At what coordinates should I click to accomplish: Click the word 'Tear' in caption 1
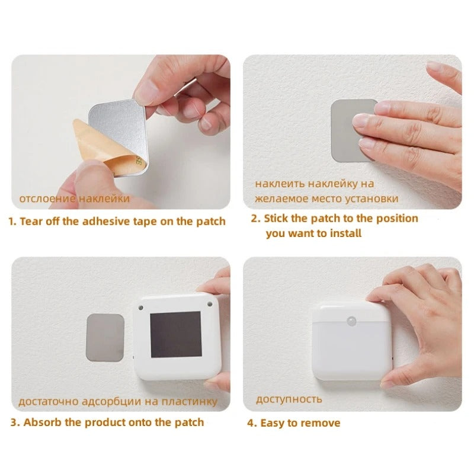(32, 222)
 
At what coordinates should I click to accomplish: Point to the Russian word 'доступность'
(289, 399)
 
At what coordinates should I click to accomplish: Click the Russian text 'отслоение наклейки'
(74, 198)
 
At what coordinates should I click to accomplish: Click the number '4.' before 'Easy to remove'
(252, 423)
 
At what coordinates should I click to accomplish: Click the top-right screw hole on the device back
(209, 303)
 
